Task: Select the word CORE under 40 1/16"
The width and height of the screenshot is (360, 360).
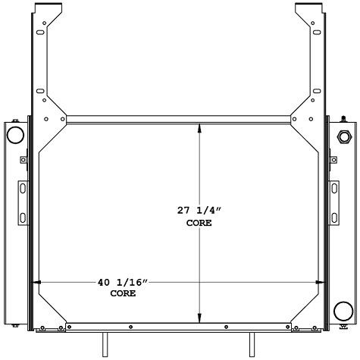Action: pos(123,293)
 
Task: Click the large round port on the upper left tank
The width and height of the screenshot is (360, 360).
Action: pos(15,135)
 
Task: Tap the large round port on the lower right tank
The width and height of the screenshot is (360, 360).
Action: pos(343,311)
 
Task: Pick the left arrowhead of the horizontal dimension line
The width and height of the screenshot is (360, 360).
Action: pos(38,283)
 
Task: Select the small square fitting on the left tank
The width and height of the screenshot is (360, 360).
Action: pos(23,160)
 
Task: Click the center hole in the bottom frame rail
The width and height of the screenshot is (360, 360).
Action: pos(179,327)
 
